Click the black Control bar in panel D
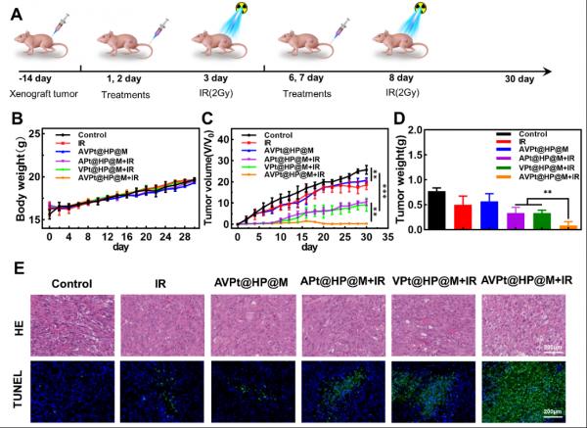click(436, 209)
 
